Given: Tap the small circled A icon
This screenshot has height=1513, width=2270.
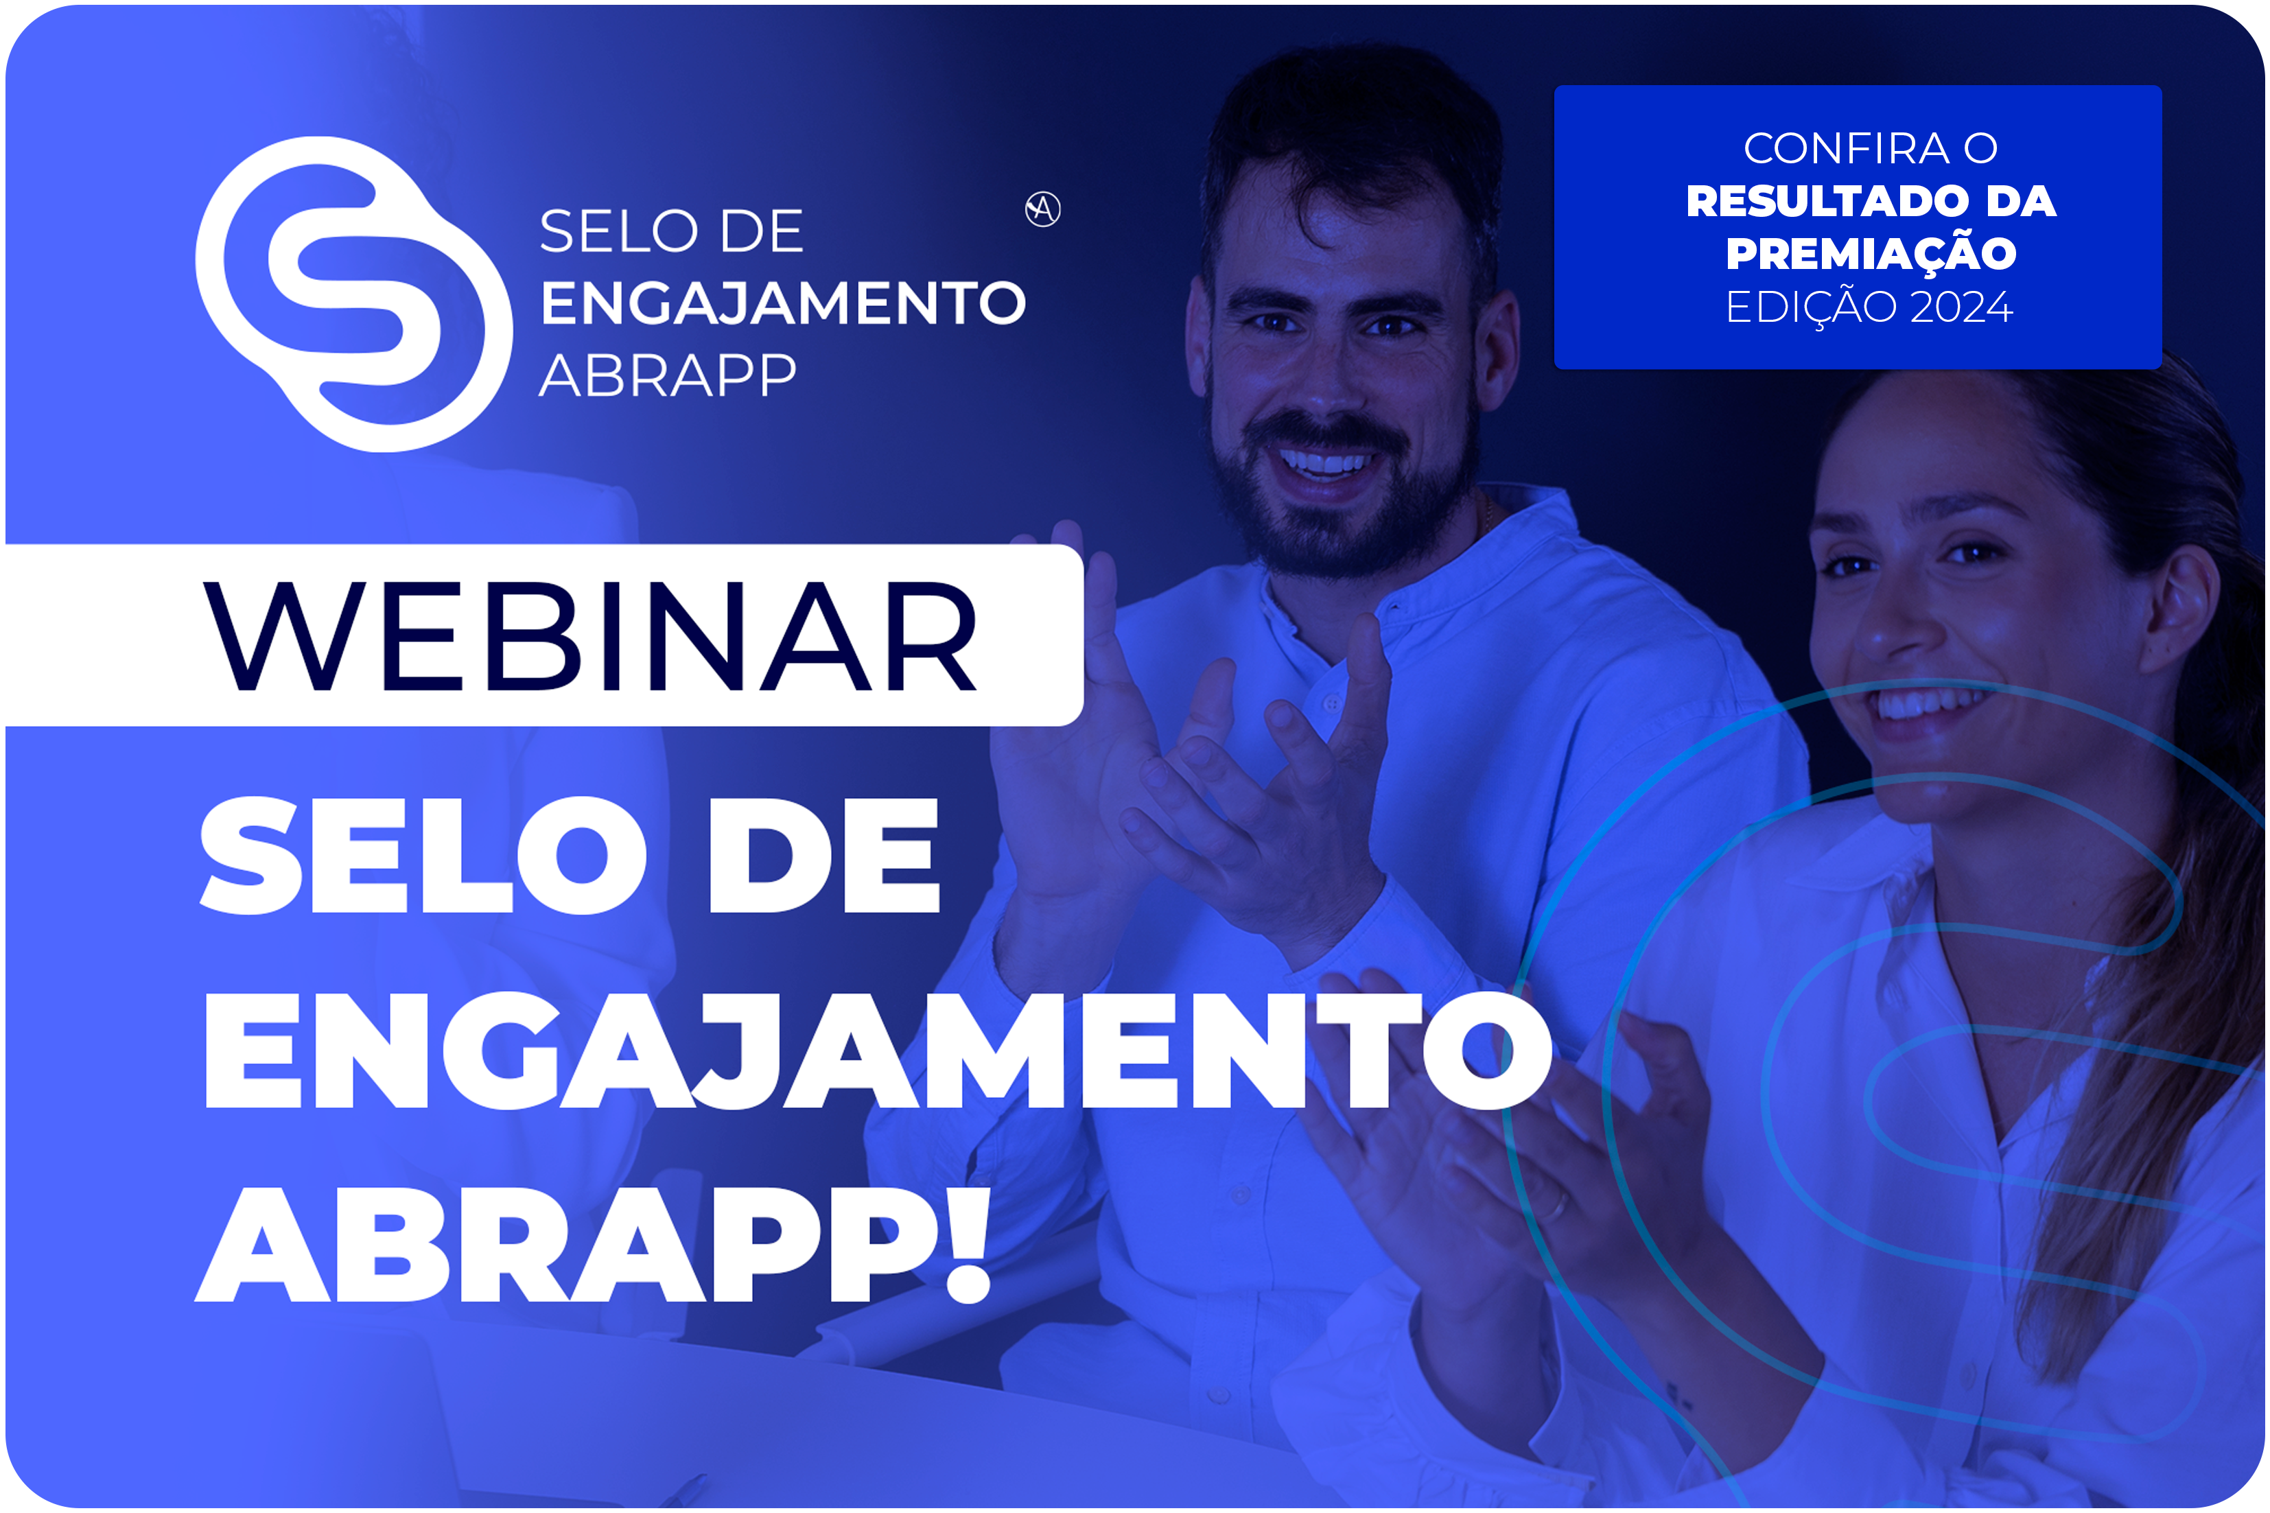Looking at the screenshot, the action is click(1043, 209).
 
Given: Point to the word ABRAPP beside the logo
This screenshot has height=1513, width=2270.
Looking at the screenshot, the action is click(668, 375).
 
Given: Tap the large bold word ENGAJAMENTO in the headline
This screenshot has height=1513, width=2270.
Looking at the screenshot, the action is click(878, 1050).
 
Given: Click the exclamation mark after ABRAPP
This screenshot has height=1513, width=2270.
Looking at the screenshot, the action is click(968, 1245).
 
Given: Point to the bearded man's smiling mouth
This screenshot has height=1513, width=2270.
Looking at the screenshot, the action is click(1324, 465).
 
